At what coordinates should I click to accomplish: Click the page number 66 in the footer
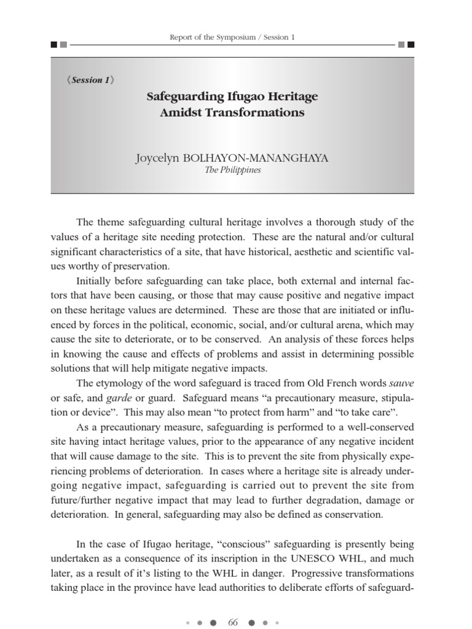pyautogui.click(x=232, y=622)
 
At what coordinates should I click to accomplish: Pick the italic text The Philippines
pyautogui.click(x=232, y=170)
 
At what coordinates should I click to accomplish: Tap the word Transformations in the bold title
pyautogui.click(x=256, y=112)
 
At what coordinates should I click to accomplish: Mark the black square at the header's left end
pyautogui.click(x=54, y=45)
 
